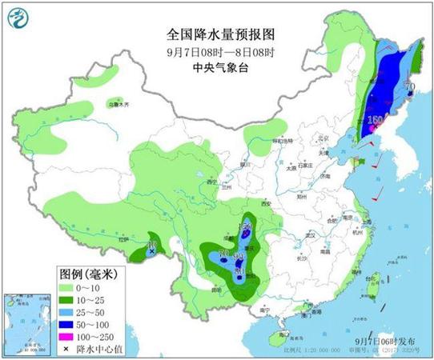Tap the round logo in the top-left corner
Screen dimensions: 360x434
[x=25, y=23]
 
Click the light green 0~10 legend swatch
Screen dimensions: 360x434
[x=68, y=287]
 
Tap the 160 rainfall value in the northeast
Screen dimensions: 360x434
[x=374, y=120]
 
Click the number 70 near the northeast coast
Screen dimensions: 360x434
[x=410, y=87]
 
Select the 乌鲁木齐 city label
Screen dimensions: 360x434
[x=119, y=104]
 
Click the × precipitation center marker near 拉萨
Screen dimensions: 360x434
[x=151, y=252]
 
